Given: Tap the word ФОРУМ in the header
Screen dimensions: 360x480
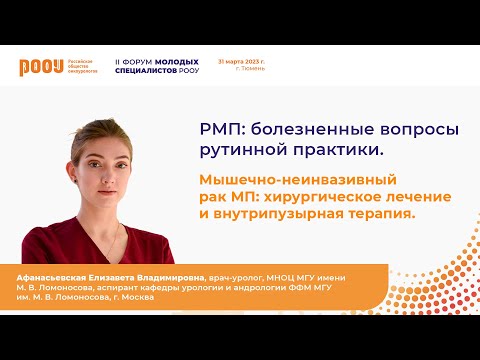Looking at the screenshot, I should pos(141,61).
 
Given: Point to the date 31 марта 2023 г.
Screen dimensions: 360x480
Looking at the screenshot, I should pos(241,61).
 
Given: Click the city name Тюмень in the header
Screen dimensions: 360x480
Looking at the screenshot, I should pos(254,70).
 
